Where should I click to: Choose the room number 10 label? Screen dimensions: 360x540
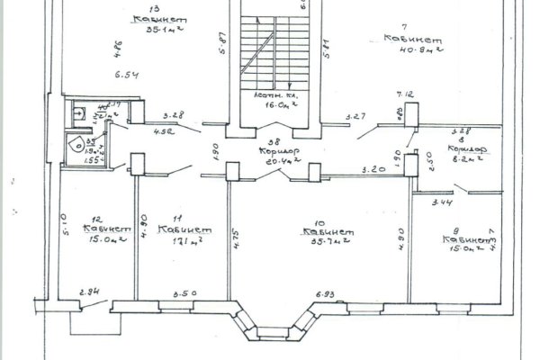[318, 222]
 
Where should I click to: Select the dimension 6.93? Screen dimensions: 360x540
[325, 293]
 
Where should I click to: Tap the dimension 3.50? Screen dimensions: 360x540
[184, 293]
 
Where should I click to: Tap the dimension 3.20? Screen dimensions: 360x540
[374, 168]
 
